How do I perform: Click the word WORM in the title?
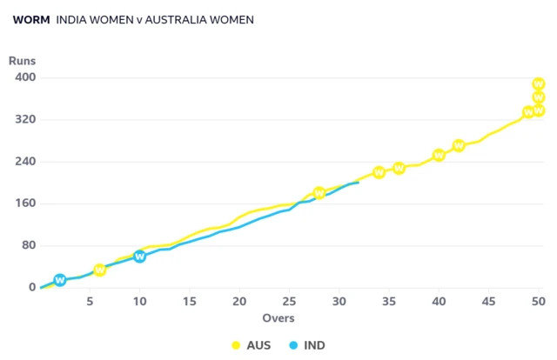31,18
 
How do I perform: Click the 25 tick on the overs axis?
289,303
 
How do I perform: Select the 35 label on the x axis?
389,303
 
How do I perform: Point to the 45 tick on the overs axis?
489,303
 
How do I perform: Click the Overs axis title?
279,318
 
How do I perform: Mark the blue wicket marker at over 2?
60,280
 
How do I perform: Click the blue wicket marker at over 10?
139,257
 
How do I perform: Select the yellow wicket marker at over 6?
99,270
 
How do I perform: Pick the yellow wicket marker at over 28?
319,193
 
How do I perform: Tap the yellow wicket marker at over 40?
440,156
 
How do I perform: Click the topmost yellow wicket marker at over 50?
539,84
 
